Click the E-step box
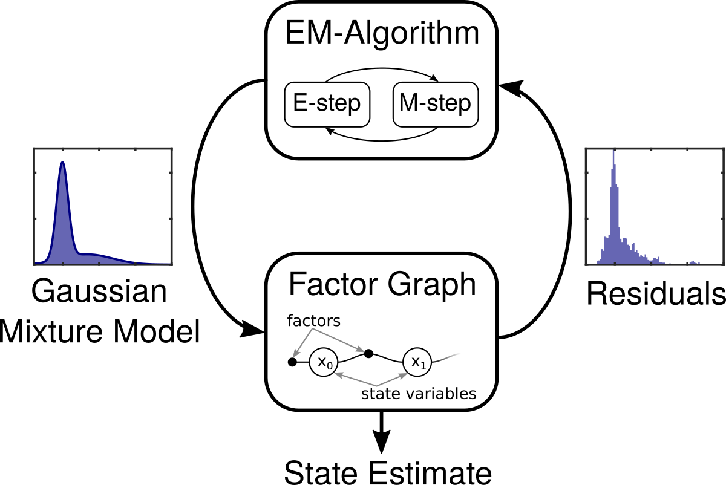327,104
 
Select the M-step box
435,104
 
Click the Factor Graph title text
382,284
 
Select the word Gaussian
99,293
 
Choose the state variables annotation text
419,394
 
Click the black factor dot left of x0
292,362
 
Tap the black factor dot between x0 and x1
368,351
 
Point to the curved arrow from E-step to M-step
381,71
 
